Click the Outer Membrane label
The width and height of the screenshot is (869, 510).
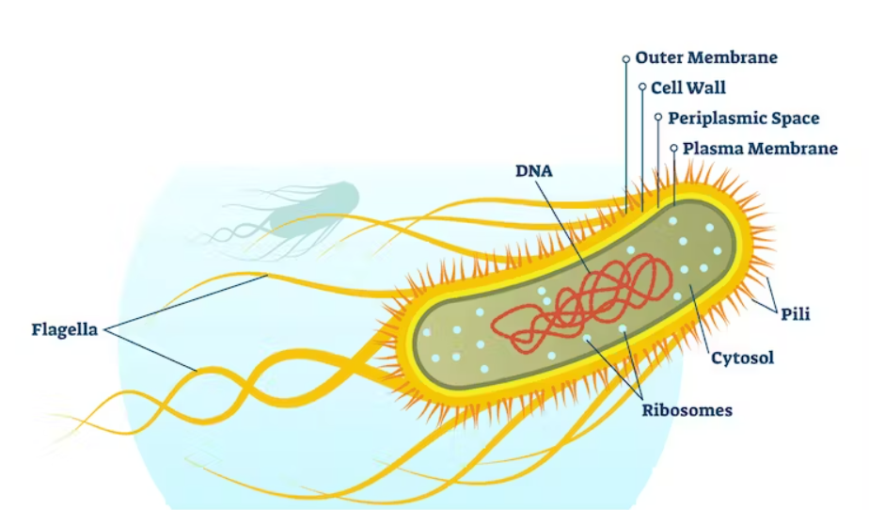pyautogui.click(x=706, y=57)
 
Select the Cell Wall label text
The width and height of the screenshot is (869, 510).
pyautogui.click(x=688, y=88)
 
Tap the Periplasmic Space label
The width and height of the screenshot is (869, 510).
pyautogui.click(x=743, y=119)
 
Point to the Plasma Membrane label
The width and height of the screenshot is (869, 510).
pyautogui.click(x=760, y=149)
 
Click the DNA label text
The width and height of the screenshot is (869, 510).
pyautogui.click(x=533, y=171)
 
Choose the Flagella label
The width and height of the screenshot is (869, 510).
pyautogui.click(x=65, y=329)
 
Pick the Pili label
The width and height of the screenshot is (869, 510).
pyautogui.click(x=796, y=314)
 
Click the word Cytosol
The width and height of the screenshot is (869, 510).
pyautogui.click(x=743, y=358)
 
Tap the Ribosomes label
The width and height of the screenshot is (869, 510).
pyautogui.click(x=687, y=410)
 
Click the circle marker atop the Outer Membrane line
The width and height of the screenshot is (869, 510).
pyautogui.click(x=626, y=58)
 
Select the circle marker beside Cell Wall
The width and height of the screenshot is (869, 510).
pyautogui.click(x=642, y=88)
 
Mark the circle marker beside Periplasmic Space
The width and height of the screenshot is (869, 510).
pyautogui.click(x=658, y=118)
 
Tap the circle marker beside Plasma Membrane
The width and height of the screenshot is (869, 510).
pyautogui.click(x=673, y=148)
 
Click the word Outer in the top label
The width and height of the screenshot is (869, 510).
pyautogui.click(x=658, y=57)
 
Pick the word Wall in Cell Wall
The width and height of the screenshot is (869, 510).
pyautogui.click(x=706, y=88)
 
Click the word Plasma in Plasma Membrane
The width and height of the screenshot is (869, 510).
pyautogui.click(x=711, y=149)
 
